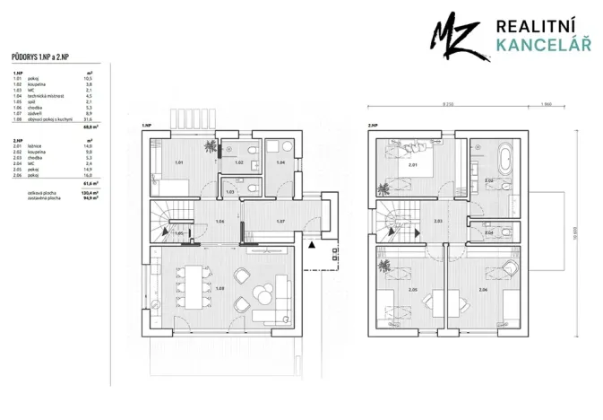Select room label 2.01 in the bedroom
(x=410, y=165)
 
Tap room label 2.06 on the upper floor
(x=483, y=291)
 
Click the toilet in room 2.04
(x=508, y=231)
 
